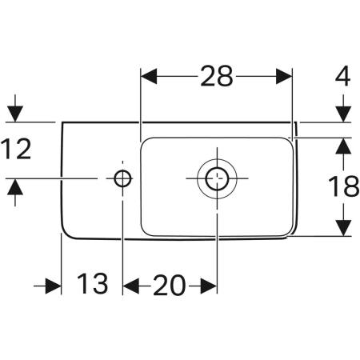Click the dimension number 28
pos(216,76)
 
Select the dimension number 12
pos(17,149)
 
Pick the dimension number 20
pos(170,284)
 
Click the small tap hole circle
pos(122,178)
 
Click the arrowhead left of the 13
pos(53,285)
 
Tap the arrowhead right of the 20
pos(207,285)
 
